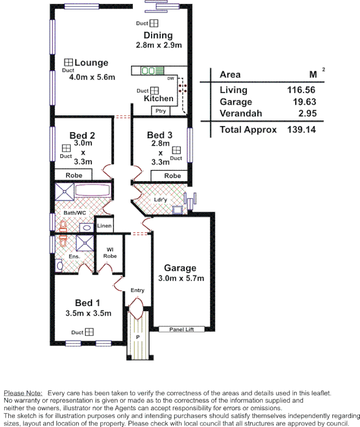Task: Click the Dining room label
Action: [x=158, y=35]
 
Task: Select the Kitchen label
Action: [x=158, y=98]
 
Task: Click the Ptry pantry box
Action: [x=161, y=111]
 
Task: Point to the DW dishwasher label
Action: [x=170, y=79]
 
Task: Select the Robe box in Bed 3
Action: [x=172, y=176]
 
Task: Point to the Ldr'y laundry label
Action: [x=160, y=199]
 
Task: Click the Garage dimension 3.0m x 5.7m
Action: [x=181, y=278]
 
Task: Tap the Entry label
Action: [x=138, y=290]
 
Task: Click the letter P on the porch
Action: [x=137, y=336]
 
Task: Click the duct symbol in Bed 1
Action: [x=89, y=332]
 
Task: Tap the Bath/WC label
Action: [x=75, y=213]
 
